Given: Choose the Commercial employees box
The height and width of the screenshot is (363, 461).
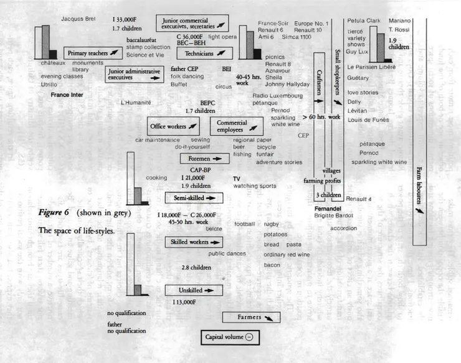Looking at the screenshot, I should pyautogui.click(x=236, y=126).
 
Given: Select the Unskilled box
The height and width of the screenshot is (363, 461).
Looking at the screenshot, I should pyautogui.click(x=194, y=290).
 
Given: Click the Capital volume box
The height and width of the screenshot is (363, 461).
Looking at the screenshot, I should pyautogui.click(x=229, y=337).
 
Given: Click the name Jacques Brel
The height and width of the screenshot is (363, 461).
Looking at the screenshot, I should pyautogui.click(x=77, y=19).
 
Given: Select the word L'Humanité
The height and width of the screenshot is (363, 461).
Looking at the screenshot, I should pyautogui.click(x=136, y=101).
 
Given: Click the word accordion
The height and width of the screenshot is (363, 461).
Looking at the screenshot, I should pyautogui.click(x=343, y=229).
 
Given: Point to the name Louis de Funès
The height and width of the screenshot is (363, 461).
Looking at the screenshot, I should pyautogui.click(x=368, y=118).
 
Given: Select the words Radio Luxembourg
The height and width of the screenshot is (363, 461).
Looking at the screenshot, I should pyautogui.click(x=277, y=95).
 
